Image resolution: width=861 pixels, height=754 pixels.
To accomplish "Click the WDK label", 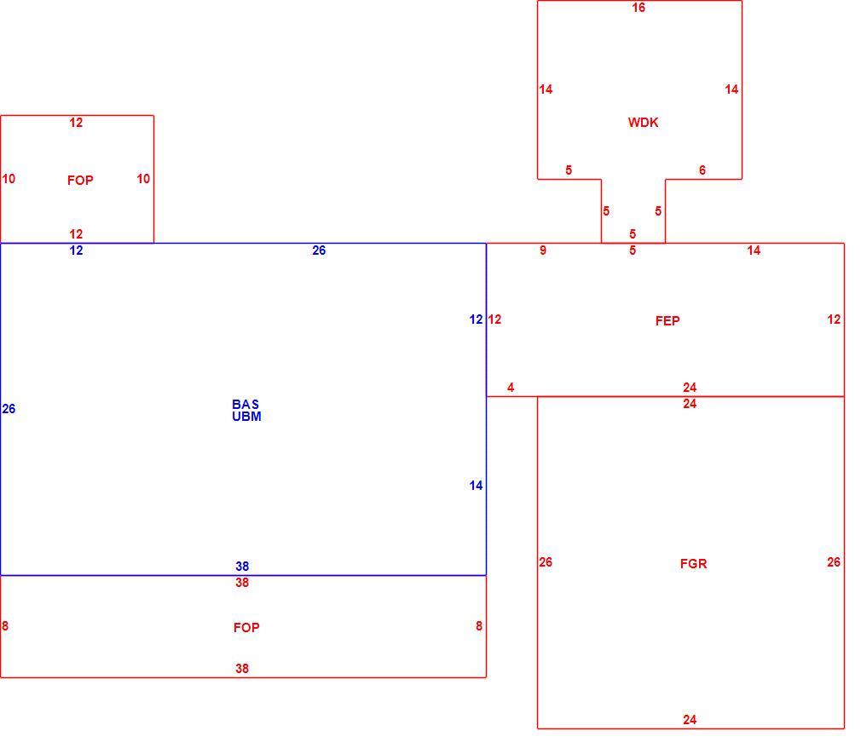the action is [x=643, y=123].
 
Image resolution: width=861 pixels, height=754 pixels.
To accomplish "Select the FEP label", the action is [x=667, y=321].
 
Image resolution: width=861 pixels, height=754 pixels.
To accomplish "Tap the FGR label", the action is [x=693, y=564].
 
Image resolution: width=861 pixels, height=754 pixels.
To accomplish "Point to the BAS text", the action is [x=245, y=405].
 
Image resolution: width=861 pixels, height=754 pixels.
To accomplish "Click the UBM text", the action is [x=246, y=417].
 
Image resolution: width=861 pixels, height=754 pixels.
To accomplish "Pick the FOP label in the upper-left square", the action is [x=80, y=181].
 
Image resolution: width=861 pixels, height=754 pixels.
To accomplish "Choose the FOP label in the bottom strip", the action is [x=246, y=628].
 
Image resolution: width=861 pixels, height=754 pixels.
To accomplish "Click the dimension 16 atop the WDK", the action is [x=638, y=8].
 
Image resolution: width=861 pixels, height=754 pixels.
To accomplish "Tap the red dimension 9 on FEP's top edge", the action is [x=542, y=250].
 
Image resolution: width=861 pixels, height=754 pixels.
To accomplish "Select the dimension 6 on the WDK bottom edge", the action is [x=702, y=170].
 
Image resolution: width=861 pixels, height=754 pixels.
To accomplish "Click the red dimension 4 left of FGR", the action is [x=511, y=388].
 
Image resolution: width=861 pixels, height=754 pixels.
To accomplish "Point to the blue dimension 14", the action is [x=476, y=486].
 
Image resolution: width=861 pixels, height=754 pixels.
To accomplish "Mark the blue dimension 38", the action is [x=242, y=567].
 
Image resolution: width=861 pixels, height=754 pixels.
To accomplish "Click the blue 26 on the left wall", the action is [x=9, y=409].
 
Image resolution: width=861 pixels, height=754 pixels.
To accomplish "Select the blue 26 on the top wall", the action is [x=319, y=250].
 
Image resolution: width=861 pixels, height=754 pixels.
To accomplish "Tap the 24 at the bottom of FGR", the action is [x=690, y=720].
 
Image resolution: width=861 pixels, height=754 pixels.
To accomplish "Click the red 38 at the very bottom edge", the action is [x=242, y=669].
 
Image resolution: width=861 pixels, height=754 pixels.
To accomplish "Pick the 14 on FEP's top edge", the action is [x=754, y=250].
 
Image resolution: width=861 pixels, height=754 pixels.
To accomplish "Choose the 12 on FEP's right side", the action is [x=834, y=319].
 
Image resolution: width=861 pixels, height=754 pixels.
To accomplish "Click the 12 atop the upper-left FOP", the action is [x=76, y=123].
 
